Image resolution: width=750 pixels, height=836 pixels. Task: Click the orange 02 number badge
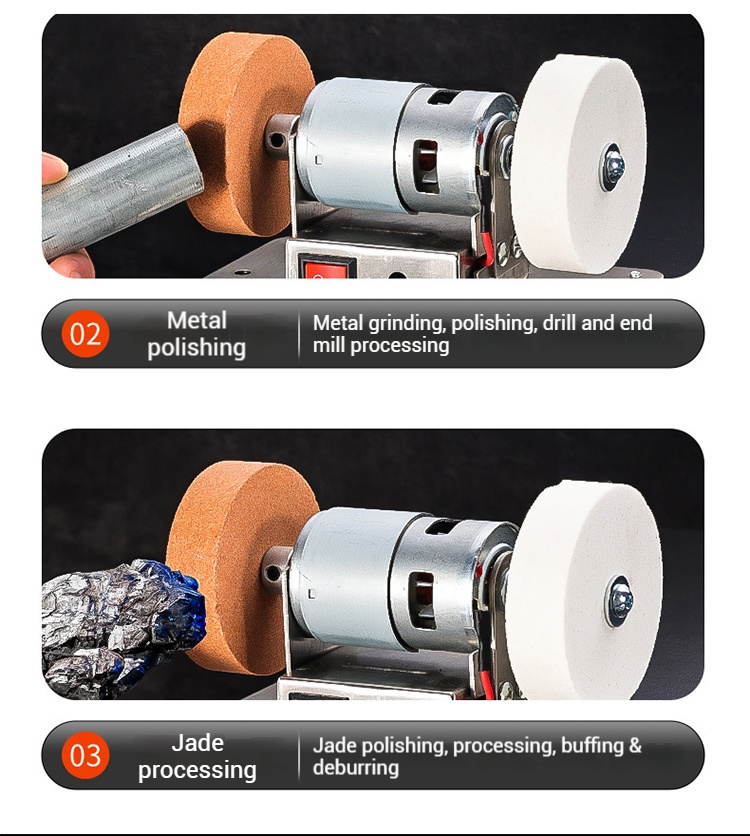[x=85, y=334]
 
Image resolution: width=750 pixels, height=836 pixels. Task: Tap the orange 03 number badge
[x=85, y=755]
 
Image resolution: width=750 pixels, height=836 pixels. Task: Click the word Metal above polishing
[x=197, y=320]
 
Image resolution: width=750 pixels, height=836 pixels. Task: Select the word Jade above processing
[x=197, y=743]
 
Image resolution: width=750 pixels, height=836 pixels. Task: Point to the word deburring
[x=356, y=768]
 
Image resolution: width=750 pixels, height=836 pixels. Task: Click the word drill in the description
[x=560, y=323]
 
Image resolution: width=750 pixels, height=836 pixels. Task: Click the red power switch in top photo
[x=326, y=267]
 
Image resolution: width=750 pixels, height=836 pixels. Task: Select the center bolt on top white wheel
[x=613, y=167]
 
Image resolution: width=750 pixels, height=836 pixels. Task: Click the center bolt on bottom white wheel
[x=620, y=601]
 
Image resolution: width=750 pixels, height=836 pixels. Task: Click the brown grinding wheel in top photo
[x=244, y=134]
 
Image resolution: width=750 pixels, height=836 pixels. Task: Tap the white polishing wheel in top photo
[x=579, y=165]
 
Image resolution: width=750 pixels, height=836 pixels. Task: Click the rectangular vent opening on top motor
[x=426, y=166]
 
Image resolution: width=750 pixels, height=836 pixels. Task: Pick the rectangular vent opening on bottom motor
[x=422, y=599]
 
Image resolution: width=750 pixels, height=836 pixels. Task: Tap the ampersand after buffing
[x=635, y=745]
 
